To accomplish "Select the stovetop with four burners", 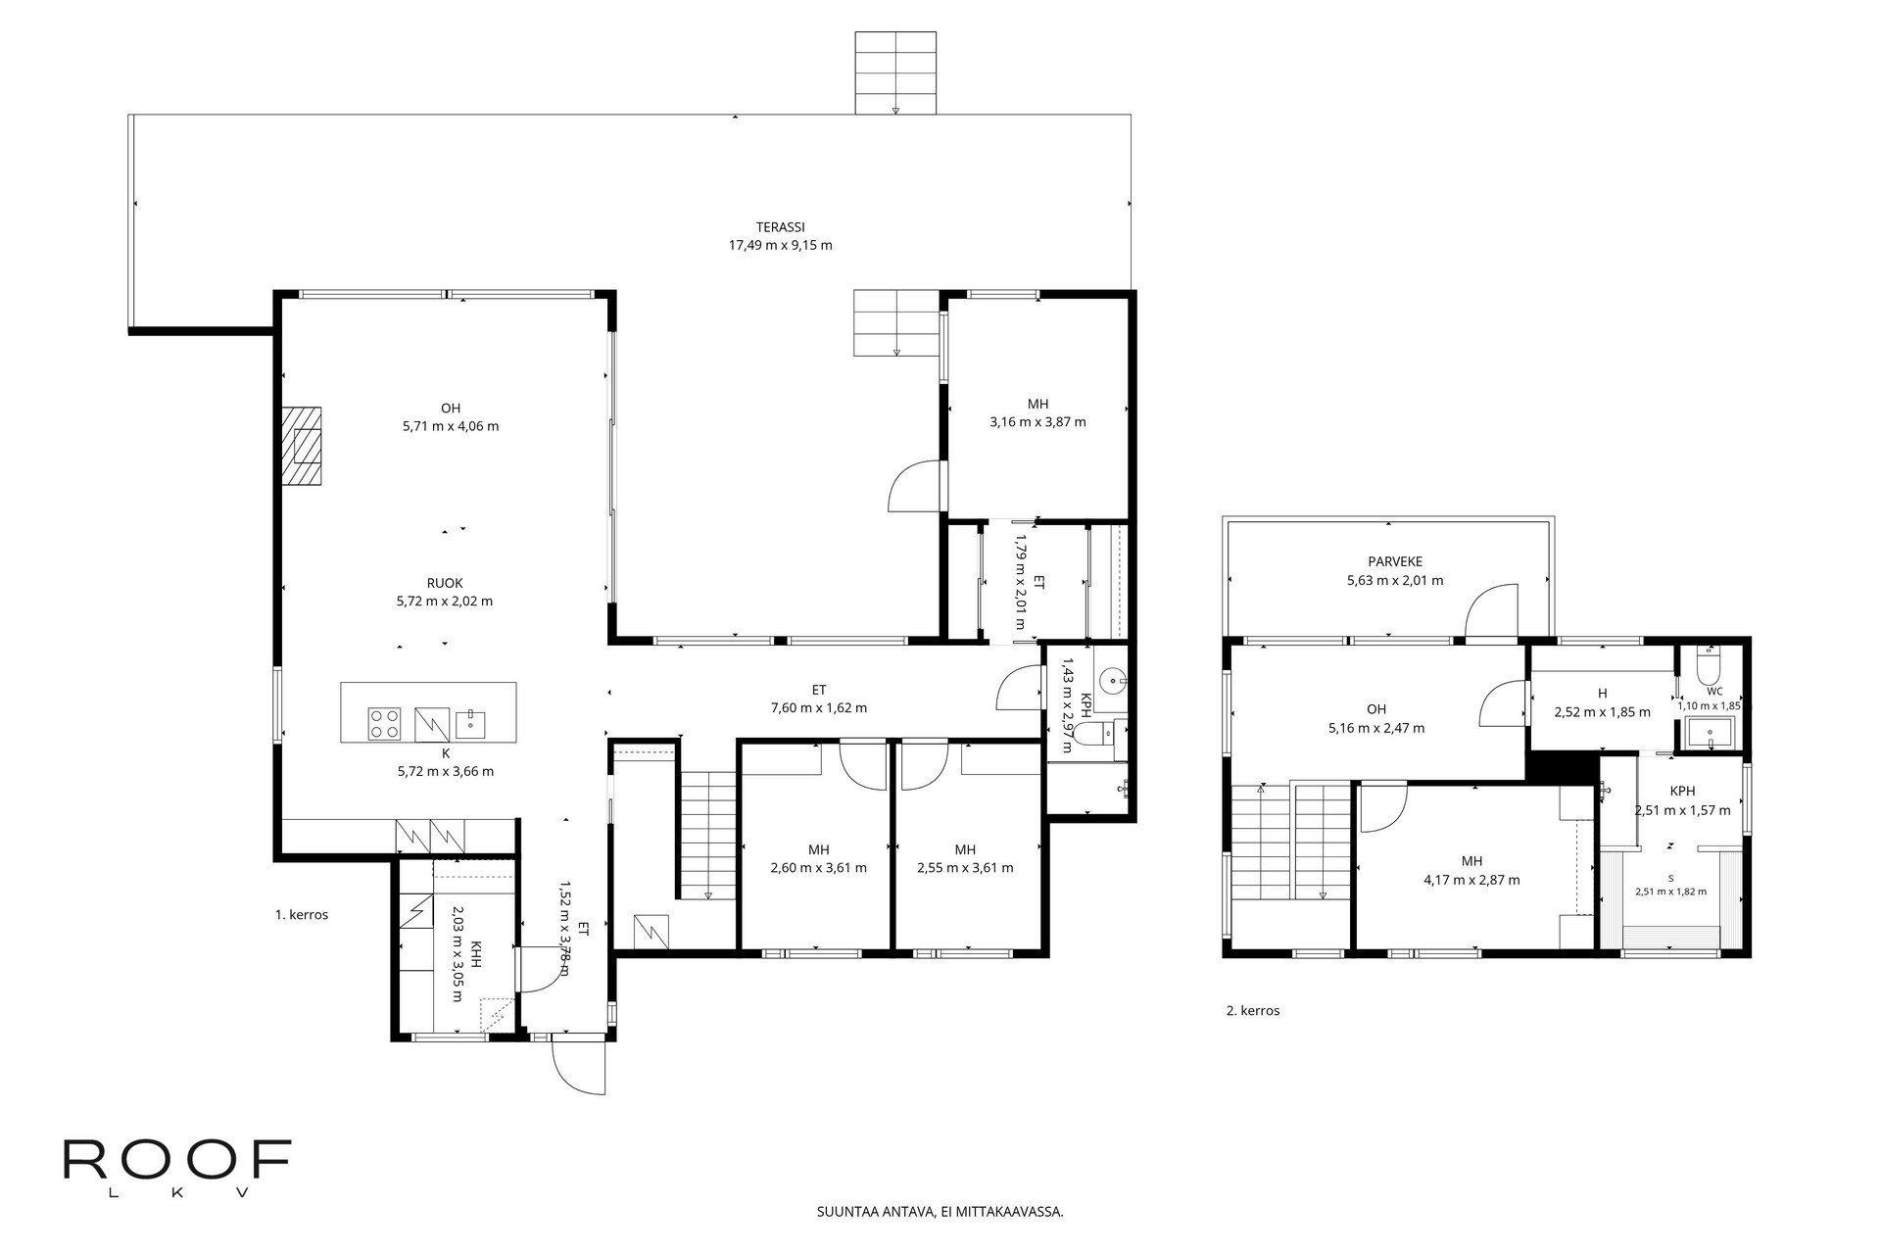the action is (385, 724).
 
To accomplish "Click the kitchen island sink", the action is (467, 723).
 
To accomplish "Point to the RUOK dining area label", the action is (445, 583).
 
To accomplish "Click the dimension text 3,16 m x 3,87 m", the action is (1037, 422).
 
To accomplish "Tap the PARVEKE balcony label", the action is (1395, 561).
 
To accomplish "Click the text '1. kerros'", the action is (301, 915).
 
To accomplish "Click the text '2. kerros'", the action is (1253, 1011).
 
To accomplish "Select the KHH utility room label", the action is (475, 955).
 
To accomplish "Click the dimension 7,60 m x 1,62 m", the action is (818, 707).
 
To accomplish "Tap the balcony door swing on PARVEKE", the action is (1491, 609).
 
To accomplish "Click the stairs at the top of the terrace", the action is (895, 72).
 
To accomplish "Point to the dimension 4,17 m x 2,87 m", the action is (1471, 880).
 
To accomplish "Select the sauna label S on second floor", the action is (1670, 878).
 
